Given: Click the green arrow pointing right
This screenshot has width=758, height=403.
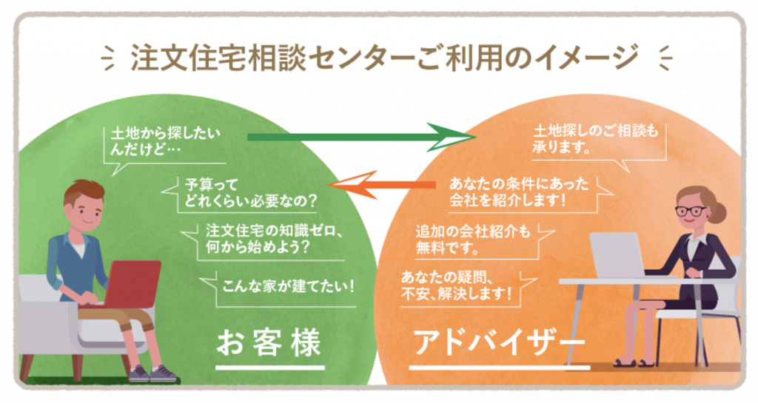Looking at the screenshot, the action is coord(361,137).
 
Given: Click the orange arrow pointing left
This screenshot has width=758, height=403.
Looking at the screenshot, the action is coord(382,185).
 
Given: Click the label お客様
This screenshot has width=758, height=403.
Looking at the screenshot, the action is coord(269,343).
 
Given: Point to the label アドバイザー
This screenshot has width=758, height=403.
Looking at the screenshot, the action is coord(500,343).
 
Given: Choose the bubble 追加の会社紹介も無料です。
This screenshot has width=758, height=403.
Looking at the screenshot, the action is coord(479,240).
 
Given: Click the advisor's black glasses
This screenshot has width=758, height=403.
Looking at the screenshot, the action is coord(691,211).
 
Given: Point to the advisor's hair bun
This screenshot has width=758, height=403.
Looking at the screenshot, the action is coord(718,212).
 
